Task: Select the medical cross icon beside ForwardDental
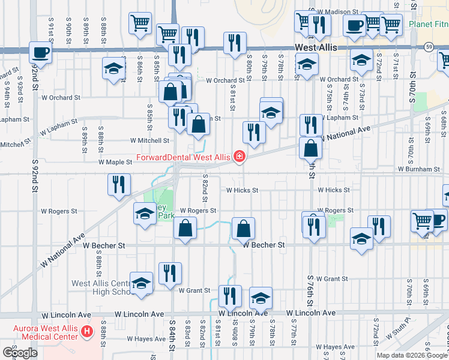tap(240, 158)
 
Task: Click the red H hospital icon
tap(88, 331)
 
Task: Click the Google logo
tap(20, 353)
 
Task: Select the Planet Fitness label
tap(428, 25)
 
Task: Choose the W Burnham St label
tap(418, 170)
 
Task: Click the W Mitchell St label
tap(148, 141)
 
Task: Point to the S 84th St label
tap(172, 338)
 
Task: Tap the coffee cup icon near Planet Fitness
tap(354, 25)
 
